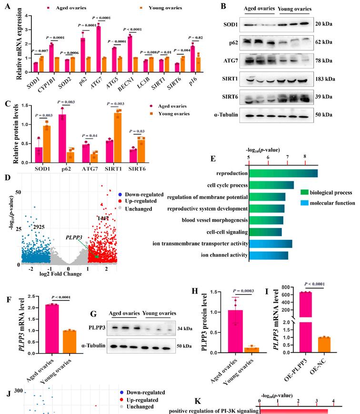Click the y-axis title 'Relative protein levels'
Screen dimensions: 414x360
[x=7, y=127]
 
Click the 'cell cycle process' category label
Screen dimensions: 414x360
[x=227, y=185]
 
